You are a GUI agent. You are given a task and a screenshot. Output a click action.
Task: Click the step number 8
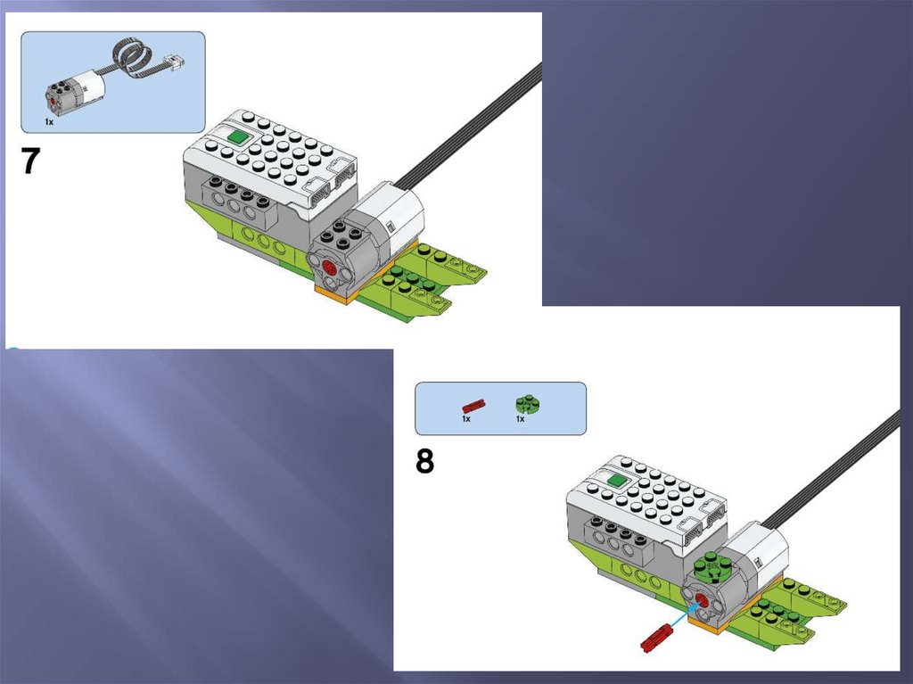coord(424,461)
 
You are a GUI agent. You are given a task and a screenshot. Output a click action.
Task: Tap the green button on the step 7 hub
coord(238,137)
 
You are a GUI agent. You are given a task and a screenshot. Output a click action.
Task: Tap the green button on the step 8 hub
coord(617,480)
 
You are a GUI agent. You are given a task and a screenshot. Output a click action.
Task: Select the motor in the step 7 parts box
coord(75,92)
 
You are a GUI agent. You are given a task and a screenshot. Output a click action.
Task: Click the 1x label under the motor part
coord(49,122)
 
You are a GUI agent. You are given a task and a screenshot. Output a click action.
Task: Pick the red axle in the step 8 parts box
coord(473,406)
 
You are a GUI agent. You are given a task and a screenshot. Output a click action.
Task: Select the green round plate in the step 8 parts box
coord(528,403)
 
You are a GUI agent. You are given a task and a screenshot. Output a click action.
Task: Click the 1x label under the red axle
coord(466,418)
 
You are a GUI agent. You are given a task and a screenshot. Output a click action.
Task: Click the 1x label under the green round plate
coord(520,418)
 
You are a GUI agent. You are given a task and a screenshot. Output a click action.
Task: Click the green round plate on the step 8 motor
coord(709,566)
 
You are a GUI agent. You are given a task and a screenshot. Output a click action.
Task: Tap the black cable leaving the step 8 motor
coord(832,468)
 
